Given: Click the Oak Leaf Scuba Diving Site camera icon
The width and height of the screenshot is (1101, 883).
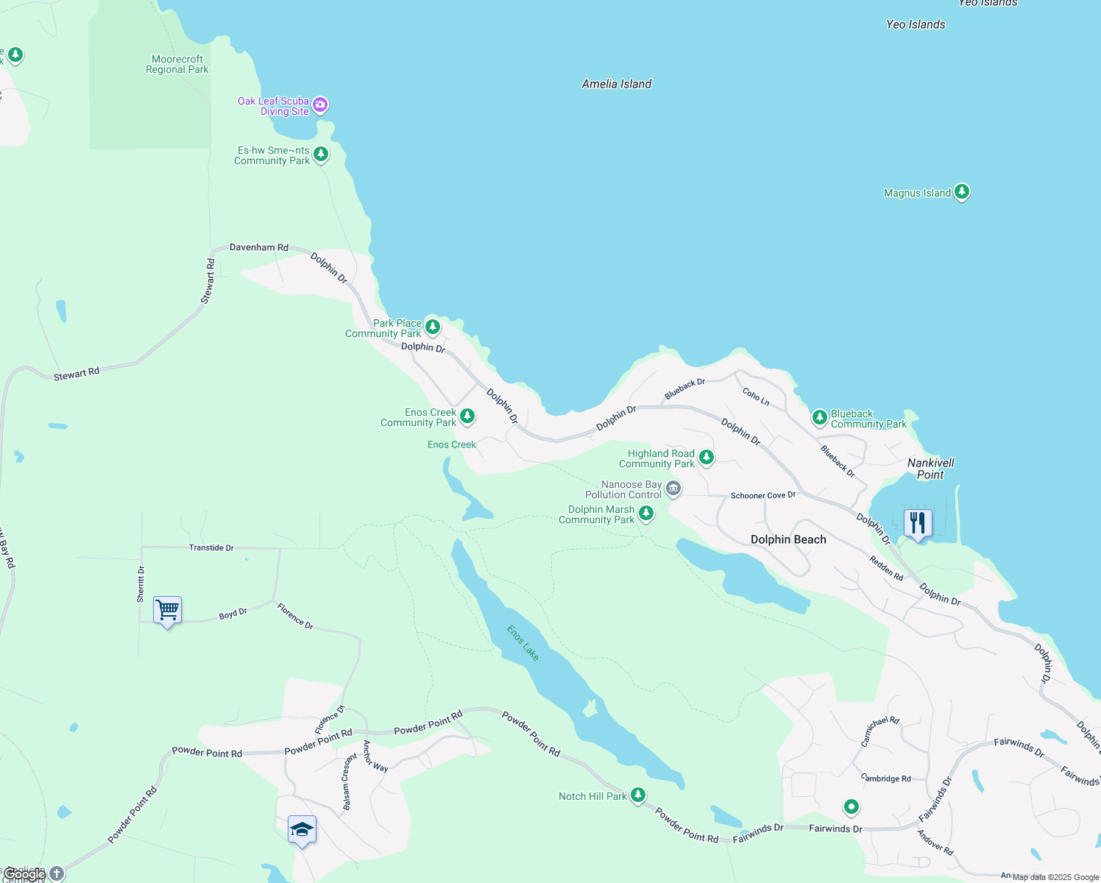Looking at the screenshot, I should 320,104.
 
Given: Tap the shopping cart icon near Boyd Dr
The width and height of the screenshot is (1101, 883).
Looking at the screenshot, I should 167,610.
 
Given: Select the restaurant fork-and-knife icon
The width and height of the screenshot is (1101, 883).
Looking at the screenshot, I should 917,523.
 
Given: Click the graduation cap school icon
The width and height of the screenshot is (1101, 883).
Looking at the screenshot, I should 302,830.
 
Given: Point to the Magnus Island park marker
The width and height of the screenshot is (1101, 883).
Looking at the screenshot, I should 961,192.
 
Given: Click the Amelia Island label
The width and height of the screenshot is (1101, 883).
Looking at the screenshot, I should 617,84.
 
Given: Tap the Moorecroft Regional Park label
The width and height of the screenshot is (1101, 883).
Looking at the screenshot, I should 177,65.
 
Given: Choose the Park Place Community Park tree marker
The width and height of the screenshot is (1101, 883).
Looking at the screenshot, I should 433,326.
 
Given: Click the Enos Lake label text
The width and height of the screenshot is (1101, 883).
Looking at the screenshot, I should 523,642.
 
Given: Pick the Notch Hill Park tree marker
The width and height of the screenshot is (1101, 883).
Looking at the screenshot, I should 638,795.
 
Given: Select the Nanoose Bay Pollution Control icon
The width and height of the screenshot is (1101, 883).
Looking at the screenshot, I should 673,488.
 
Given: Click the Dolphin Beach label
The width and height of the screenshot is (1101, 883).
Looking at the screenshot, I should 788,539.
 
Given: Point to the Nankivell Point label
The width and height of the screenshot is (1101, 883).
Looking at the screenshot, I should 930,469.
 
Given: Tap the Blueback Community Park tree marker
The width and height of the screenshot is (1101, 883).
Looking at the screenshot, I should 819,417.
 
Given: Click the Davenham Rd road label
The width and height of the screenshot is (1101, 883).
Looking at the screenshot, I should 259,248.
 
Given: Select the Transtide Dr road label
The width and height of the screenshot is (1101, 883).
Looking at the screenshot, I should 211,547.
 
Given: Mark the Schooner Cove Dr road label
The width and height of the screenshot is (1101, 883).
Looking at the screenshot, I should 763,495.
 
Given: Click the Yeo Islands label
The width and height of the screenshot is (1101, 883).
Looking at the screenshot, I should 916,24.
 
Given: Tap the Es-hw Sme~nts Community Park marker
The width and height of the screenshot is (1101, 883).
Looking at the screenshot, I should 320,154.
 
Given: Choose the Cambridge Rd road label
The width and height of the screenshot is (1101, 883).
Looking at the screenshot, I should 886,779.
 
